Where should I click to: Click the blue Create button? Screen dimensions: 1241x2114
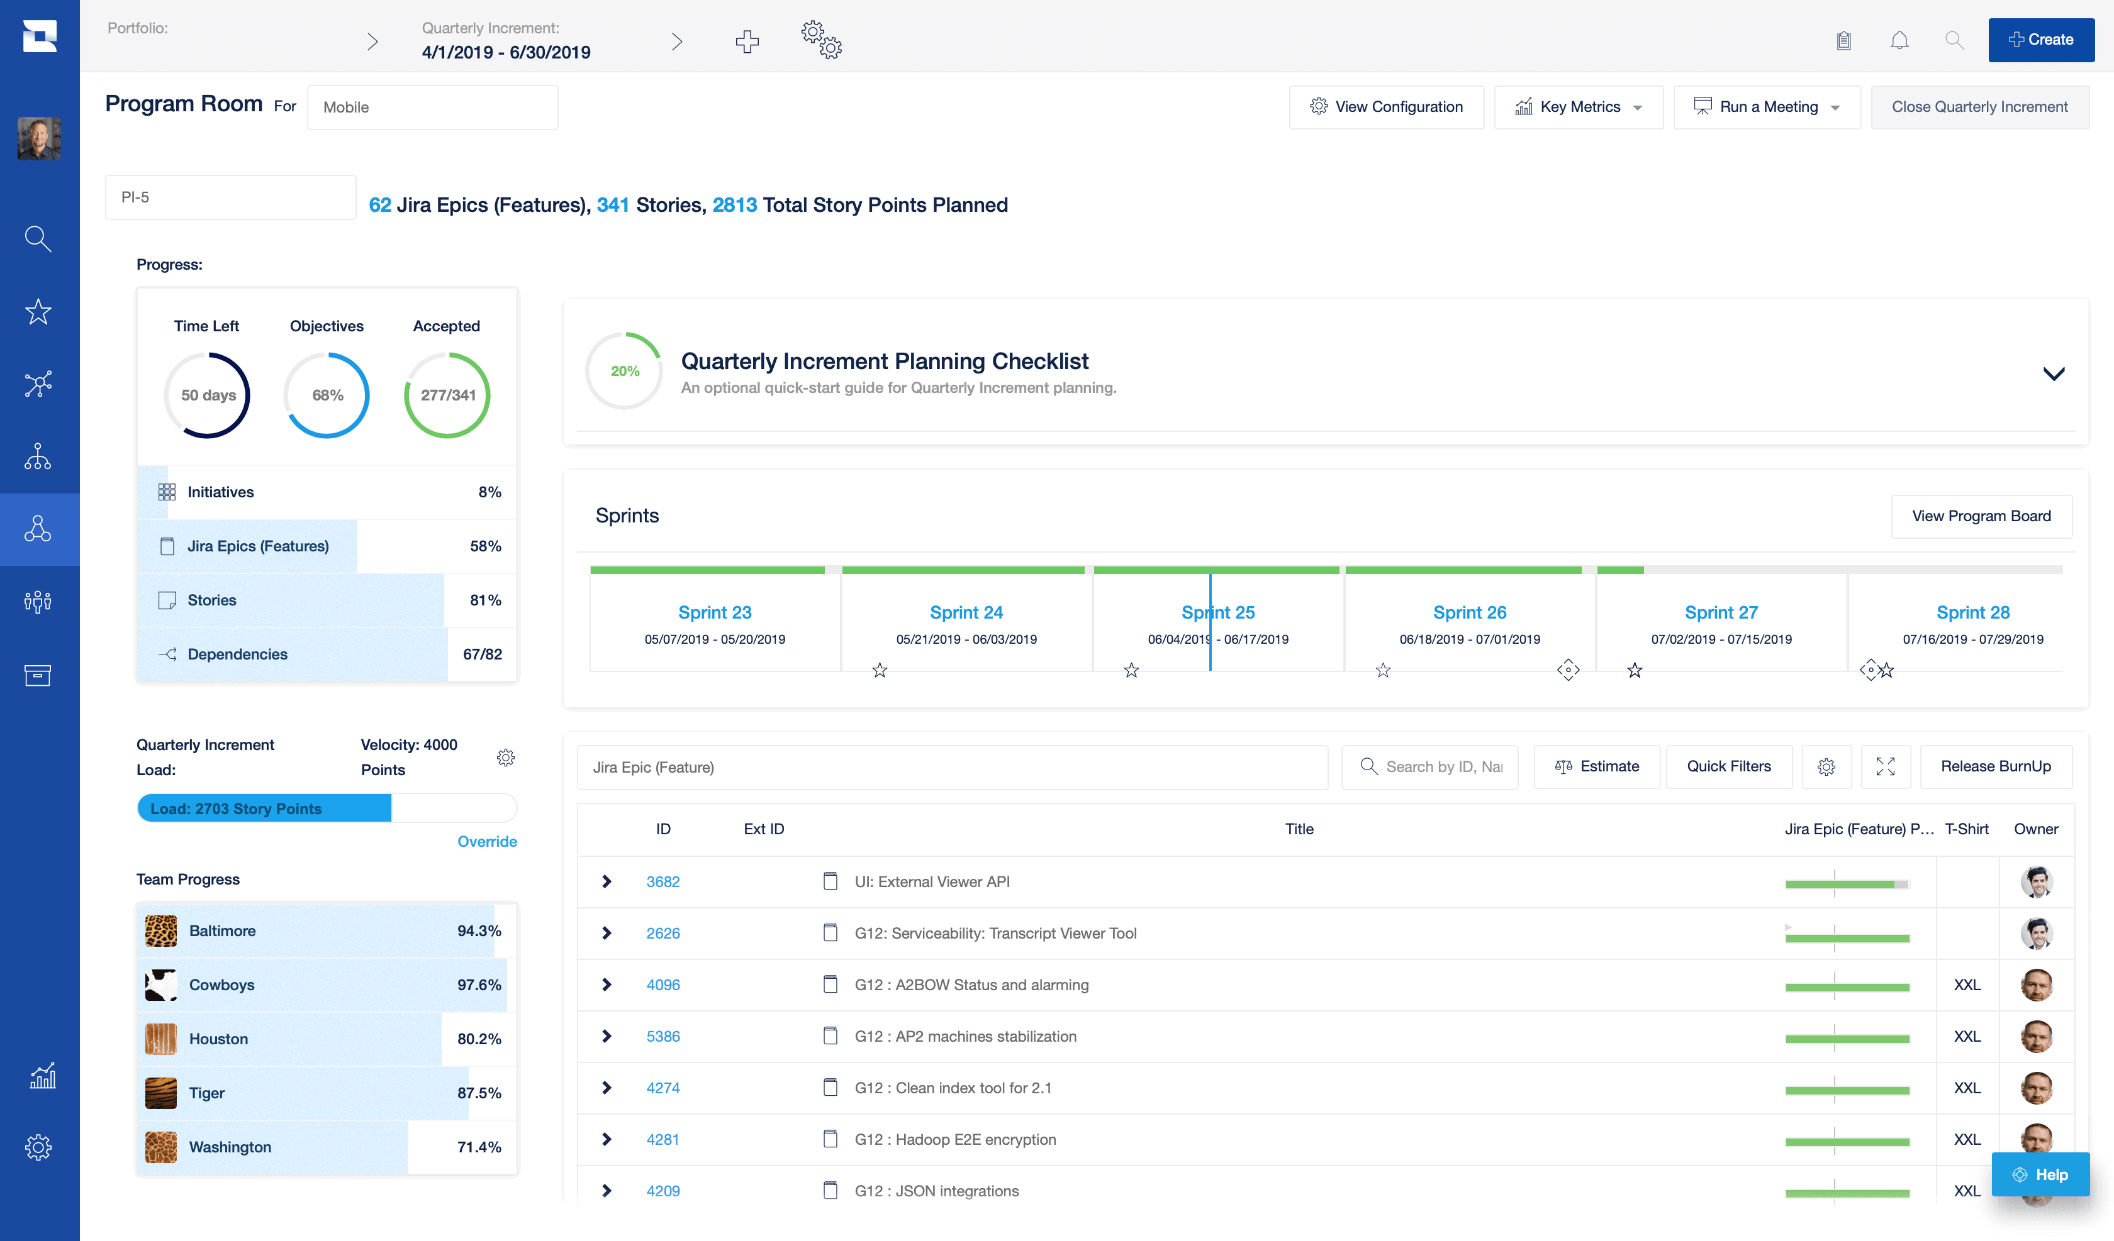pos(2040,40)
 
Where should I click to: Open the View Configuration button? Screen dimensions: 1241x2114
pos(1386,106)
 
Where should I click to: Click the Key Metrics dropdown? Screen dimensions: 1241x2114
pos(1578,106)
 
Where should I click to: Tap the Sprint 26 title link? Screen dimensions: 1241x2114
pos(1469,612)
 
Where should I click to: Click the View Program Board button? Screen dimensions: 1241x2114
pos(1981,516)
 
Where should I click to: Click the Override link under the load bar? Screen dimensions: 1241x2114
pos(486,841)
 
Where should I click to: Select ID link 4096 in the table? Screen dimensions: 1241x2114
pos(663,985)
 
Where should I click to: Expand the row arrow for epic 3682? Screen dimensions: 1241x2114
pos(607,881)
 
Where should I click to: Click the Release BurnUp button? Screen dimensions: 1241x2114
pos(1995,766)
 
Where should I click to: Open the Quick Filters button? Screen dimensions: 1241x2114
pos(1728,766)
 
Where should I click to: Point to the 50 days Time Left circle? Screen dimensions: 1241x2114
pos(207,395)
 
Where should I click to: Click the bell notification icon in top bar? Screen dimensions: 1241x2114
pos(1899,40)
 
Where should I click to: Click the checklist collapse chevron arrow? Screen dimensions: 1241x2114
pos(2053,373)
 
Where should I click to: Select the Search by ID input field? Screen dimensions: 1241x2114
pos(1443,766)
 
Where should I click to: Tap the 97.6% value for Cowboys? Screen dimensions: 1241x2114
pos(479,985)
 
